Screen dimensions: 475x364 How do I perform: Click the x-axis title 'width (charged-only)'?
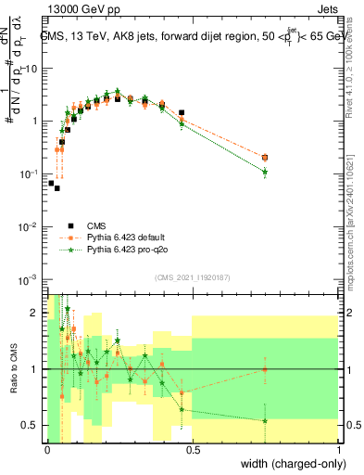[x=290, y=464]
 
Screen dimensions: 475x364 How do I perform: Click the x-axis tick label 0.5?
[x=194, y=449]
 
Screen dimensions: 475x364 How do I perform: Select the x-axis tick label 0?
[x=47, y=449]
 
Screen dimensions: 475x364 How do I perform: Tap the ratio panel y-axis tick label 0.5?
[x=31, y=425]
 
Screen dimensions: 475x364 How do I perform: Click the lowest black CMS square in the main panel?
[x=56, y=187]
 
